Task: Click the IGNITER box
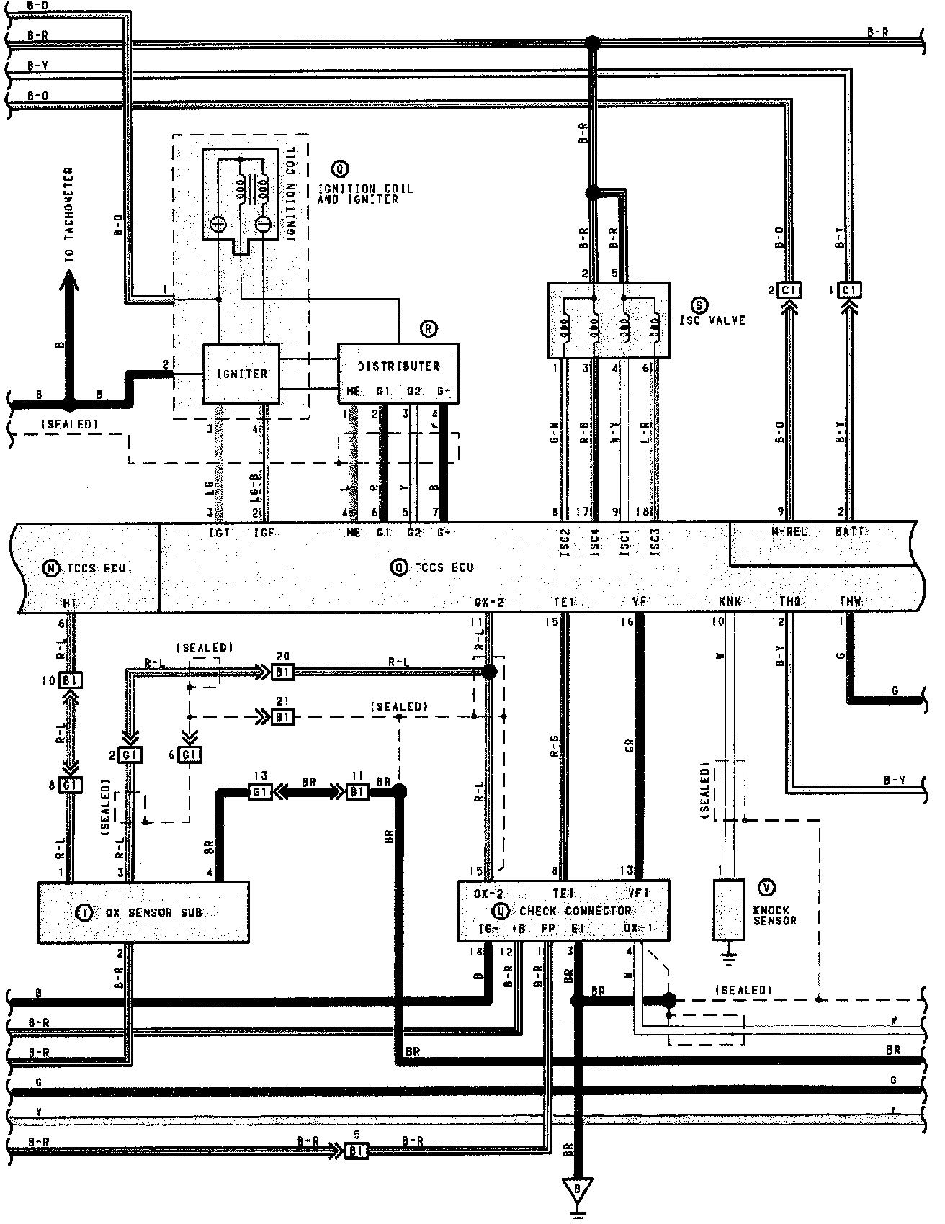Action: [241, 374]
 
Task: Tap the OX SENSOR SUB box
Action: [143, 912]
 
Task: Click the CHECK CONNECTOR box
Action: [563, 910]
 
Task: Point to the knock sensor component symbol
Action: [729, 909]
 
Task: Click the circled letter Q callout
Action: [339, 168]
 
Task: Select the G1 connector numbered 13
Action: [259, 791]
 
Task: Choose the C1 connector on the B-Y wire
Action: [851, 290]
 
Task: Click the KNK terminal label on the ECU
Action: [730, 600]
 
